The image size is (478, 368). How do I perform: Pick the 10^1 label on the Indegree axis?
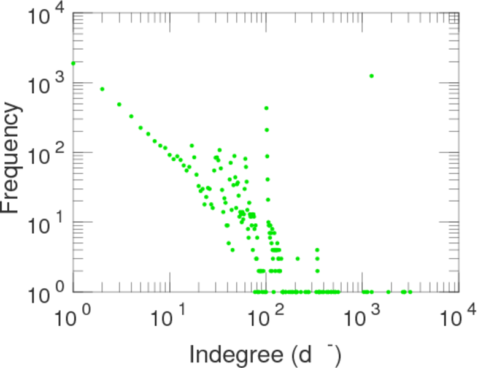point(170,318)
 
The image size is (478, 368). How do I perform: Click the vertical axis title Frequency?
point(12,158)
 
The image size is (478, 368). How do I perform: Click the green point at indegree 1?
point(74,63)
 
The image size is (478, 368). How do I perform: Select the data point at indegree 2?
point(102,89)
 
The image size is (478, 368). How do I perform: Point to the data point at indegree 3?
point(119,104)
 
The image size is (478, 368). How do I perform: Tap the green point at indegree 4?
point(131,116)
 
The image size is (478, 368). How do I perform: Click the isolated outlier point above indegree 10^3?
point(372,76)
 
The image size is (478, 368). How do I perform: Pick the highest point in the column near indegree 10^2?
point(266,108)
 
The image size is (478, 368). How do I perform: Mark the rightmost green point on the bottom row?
point(410,291)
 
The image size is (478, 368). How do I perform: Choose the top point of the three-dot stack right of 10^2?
point(317,250)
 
